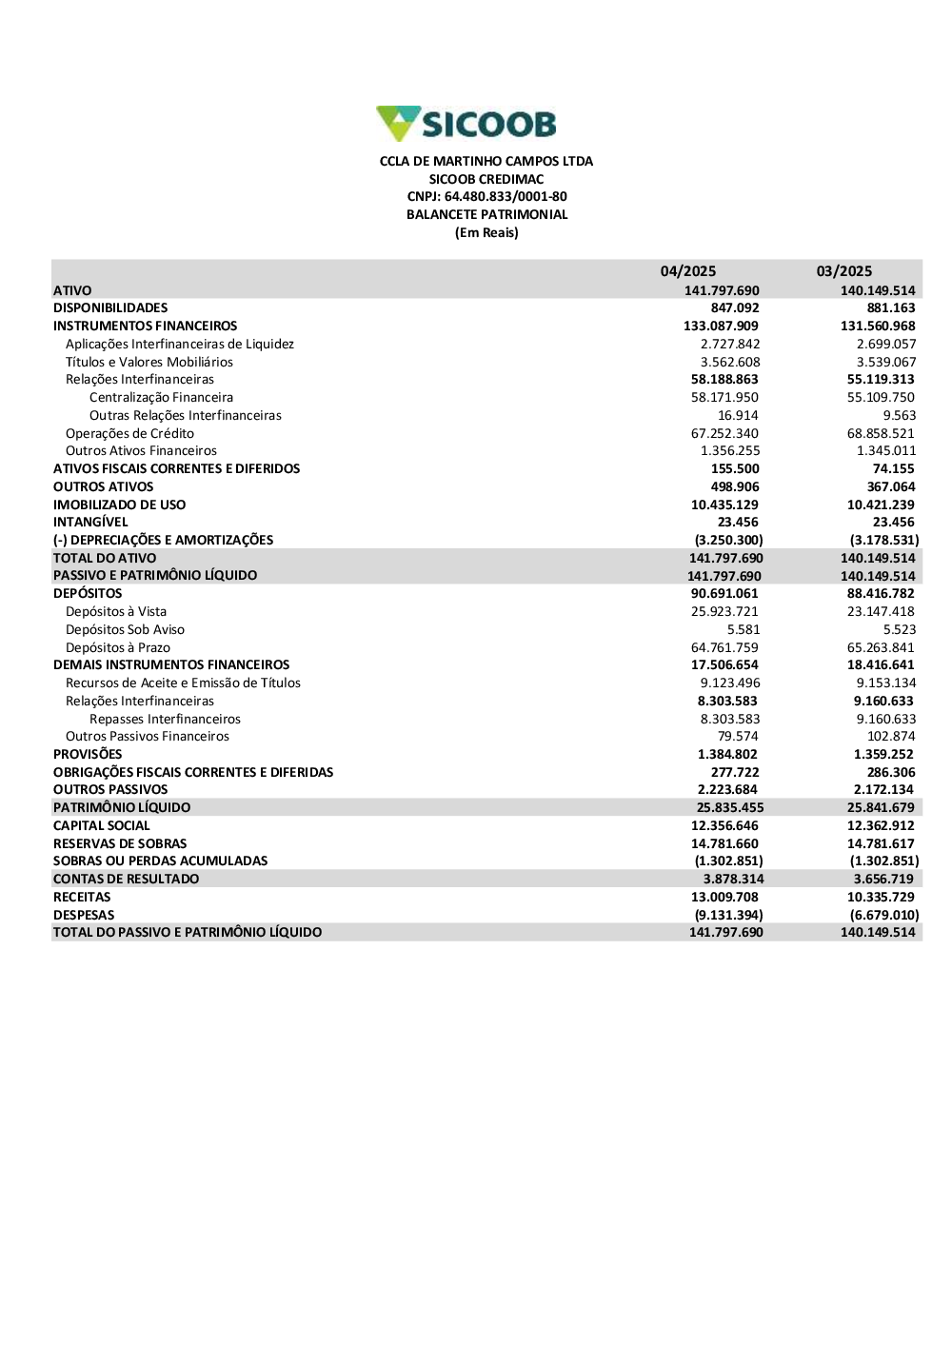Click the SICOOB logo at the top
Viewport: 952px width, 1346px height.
coord(466,124)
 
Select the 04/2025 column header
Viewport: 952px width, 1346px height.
coord(687,271)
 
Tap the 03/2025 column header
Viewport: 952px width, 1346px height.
coord(843,271)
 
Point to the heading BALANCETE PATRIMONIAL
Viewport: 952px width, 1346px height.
coord(486,214)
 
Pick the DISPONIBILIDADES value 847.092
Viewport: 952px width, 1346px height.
coord(734,308)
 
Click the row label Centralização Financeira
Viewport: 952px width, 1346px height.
coord(161,398)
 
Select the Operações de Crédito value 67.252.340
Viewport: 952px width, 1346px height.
coord(724,433)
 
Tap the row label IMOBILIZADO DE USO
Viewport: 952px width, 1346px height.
coord(119,505)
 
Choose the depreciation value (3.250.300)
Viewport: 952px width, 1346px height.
coord(728,540)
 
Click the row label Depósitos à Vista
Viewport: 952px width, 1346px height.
coord(116,611)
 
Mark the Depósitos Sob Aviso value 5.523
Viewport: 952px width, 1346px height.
coord(899,629)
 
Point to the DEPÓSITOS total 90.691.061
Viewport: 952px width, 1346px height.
coord(724,593)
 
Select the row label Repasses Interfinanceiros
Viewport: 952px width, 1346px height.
coord(165,719)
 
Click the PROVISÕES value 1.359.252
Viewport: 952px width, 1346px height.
coord(883,754)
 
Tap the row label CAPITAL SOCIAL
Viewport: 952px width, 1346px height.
coord(101,825)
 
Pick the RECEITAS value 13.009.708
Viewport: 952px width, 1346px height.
coord(724,897)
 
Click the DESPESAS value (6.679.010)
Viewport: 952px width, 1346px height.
coord(884,915)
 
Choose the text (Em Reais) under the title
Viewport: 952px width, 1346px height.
coord(486,232)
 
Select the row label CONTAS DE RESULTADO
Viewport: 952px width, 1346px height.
coord(126,879)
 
